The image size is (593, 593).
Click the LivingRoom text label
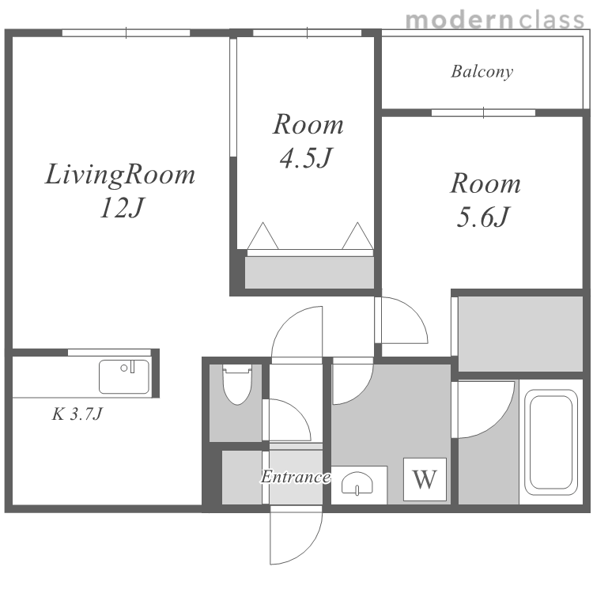120,175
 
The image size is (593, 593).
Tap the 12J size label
122,208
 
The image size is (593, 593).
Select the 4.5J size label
306,157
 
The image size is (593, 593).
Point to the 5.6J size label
483,217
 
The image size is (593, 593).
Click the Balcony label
482,71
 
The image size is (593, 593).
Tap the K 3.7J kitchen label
77,414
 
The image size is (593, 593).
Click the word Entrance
296,477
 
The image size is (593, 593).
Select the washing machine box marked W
425,479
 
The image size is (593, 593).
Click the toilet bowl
237,384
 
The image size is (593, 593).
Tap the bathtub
550,442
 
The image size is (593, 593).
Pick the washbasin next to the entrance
357,483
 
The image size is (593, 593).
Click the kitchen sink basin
124,376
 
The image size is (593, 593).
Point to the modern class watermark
495,20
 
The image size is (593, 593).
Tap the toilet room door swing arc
299,411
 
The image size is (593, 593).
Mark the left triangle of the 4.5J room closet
263,236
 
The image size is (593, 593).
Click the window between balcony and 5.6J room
483,113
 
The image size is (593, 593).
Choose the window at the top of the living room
126,33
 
